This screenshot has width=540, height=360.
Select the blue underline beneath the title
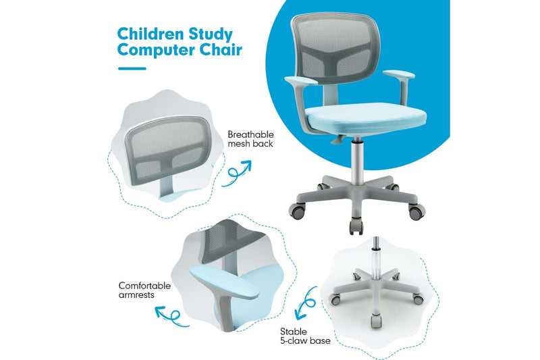pyautogui.click(x=131, y=68)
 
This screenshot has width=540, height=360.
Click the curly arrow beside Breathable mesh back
pyautogui.click(x=238, y=170)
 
